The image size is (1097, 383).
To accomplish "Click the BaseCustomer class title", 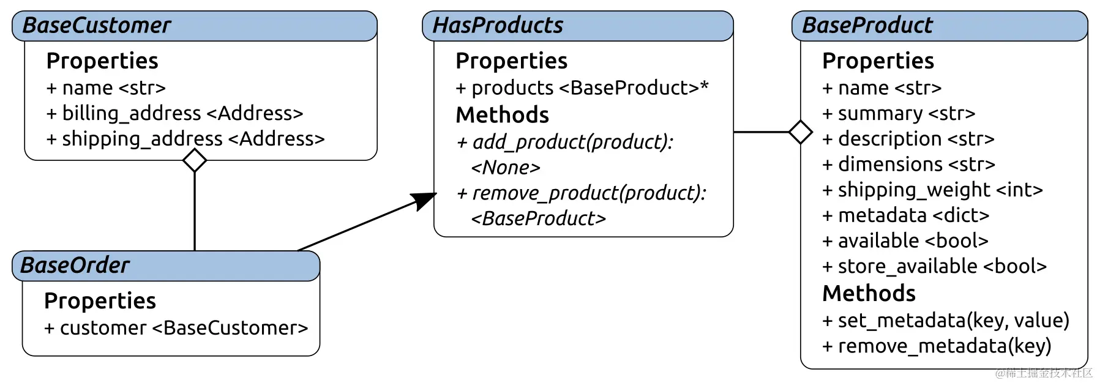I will (x=97, y=26).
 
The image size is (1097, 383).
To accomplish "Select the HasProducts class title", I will (x=498, y=26).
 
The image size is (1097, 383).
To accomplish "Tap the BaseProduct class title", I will (x=867, y=26).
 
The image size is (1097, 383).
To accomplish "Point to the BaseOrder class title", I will (x=75, y=266).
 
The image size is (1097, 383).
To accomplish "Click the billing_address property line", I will (x=175, y=114).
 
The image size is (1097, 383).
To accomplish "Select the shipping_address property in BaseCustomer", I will (x=185, y=139).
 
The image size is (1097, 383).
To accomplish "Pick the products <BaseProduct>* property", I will (x=582, y=88).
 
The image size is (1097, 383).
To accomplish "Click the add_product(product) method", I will (x=564, y=143).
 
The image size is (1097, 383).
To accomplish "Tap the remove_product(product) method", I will (x=581, y=193).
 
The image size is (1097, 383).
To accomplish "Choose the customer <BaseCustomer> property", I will (x=176, y=329).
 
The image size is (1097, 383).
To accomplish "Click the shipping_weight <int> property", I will (x=932, y=190).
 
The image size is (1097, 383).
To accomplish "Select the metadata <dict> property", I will (x=905, y=215).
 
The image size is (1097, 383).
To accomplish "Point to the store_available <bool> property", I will (x=934, y=267).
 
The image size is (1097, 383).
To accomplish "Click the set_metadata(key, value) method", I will (x=945, y=321).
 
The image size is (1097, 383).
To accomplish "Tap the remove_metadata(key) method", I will (x=936, y=346).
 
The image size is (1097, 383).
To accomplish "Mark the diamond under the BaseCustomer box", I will (x=195, y=161).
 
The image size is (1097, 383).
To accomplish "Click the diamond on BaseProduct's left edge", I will (x=801, y=132).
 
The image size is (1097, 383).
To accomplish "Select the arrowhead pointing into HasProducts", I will (x=425, y=199).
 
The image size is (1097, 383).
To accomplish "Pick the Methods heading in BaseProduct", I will (x=869, y=294).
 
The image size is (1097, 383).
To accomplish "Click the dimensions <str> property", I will (x=908, y=165).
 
